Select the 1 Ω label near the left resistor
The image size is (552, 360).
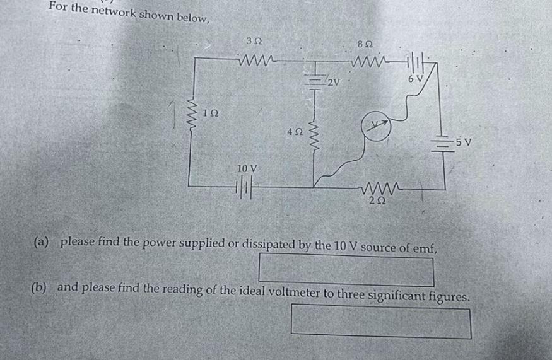[x=211, y=113]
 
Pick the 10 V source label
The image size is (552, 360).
[x=247, y=169]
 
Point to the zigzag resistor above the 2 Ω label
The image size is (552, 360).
[x=377, y=188]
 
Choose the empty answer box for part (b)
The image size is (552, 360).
[x=380, y=321]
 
